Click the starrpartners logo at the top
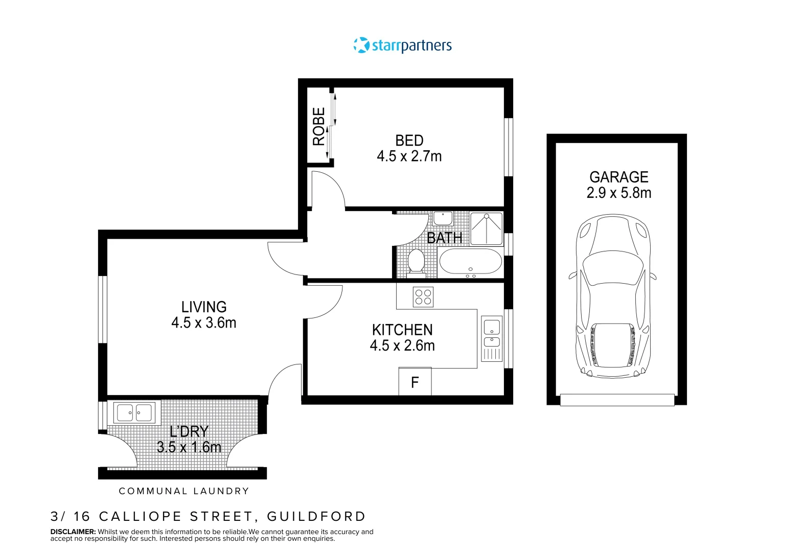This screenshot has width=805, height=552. [x=403, y=45]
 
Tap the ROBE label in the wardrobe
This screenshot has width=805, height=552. [x=319, y=127]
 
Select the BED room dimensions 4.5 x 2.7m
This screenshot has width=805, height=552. [x=409, y=156]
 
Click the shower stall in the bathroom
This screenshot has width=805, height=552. [x=486, y=228]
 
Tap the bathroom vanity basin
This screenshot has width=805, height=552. [x=443, y=219]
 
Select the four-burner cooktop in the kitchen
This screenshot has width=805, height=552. [x=423, y=297]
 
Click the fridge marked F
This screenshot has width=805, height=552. [x=415, y=381]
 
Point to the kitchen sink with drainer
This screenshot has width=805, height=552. [x=492, y=339]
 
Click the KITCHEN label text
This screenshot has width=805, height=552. [x=402, y=330]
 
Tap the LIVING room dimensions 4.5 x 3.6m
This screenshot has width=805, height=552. [x=204, y=323]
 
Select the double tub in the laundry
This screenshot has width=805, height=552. [x=134, y=412]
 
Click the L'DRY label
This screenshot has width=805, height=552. [x=189, y=431]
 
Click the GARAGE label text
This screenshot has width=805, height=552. [x=619, y=177]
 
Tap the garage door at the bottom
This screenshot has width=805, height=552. [x=617, y=400]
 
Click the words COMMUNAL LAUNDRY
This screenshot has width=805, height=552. [x=184, y=491]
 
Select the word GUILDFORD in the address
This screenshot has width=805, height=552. [x=316, y=516]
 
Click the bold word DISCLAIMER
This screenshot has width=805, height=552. [x=73, y=532]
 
